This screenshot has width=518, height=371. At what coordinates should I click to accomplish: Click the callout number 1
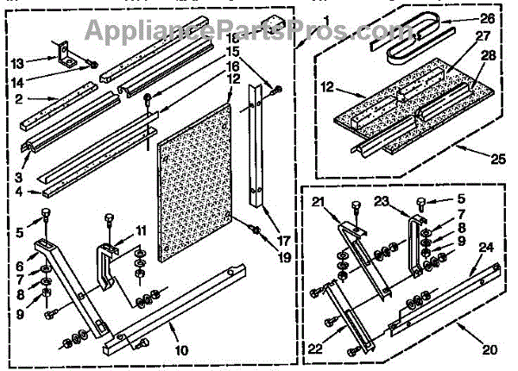point(300,18)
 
